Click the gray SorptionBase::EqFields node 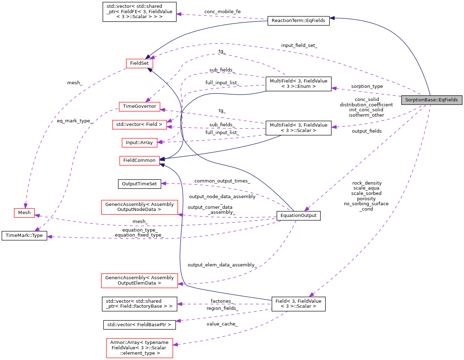coord(431,100)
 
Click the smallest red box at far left coord(24,213)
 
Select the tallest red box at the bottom coord(139,348)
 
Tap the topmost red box coord(139,63)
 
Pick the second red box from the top coord(139,107)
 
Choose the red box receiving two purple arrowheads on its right coord(139,125)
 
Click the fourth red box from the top coord(139,143)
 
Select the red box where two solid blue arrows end coord(139,161)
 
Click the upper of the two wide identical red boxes coord(139,207)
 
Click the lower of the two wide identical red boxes coord(139,281)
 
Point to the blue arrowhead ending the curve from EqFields coord(332,18)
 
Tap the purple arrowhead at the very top coord(179,14)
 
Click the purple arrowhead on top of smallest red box coord(25,206)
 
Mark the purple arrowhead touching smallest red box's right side coord(37,215)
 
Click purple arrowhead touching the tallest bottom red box coord(175,344)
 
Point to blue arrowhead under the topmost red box coord(150,70)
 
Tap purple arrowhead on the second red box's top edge coord(148,100)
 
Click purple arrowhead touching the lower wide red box coord(180,284)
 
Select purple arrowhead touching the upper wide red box coord(180,215)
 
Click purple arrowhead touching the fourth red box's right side coord(160,142)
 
